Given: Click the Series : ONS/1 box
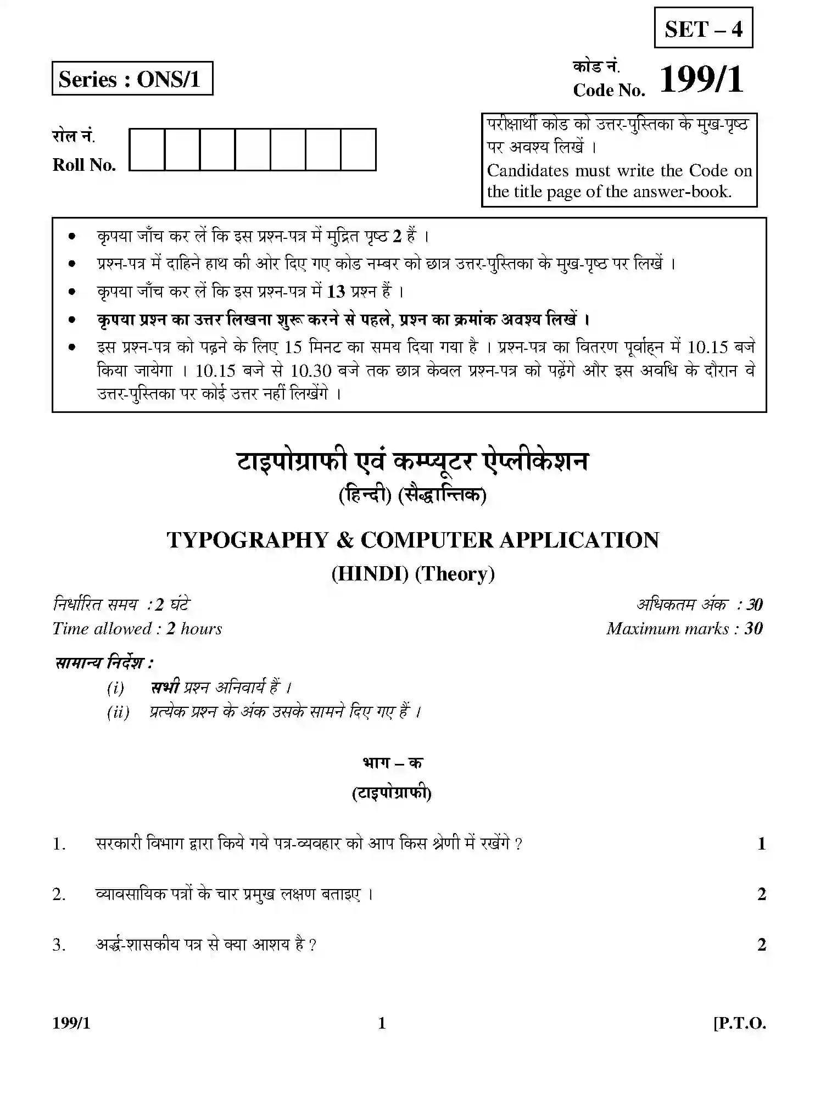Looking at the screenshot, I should pos(132,79).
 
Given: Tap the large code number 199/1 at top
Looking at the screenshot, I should pos(701,80).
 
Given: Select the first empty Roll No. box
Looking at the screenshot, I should pos(147,149).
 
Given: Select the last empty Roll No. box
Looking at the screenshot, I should pos(358,149).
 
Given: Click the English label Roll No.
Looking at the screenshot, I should pos(84,165).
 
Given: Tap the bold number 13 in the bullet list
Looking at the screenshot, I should pos(336,292).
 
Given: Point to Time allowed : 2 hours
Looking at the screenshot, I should pos(137,629).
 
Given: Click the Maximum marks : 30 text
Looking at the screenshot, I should pos(684,629).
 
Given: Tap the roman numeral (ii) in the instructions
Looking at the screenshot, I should pos(118,713).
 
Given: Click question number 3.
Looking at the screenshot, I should pos(59,945).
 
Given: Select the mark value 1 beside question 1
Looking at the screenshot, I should pos(761,844).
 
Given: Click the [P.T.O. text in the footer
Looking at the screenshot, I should pos(739,1024).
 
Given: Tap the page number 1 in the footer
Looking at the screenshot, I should pos(382,1024).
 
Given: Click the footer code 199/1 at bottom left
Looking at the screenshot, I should pos(71,1024).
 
